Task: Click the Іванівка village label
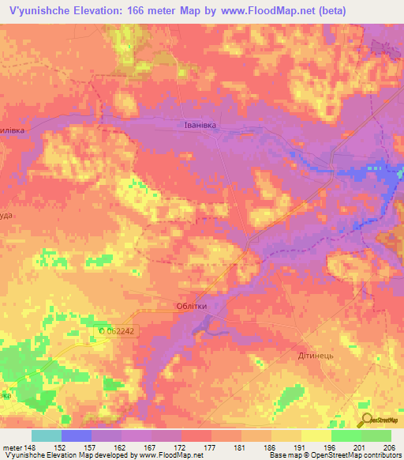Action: pos(195,125)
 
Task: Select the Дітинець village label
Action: pos(316,356)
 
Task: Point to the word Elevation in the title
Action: pos(102,11)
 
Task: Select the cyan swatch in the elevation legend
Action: pos(47,435)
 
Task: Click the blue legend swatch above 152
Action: pos(77,435)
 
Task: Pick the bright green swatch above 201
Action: pos(346,435)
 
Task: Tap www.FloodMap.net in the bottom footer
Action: pos(162,455)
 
